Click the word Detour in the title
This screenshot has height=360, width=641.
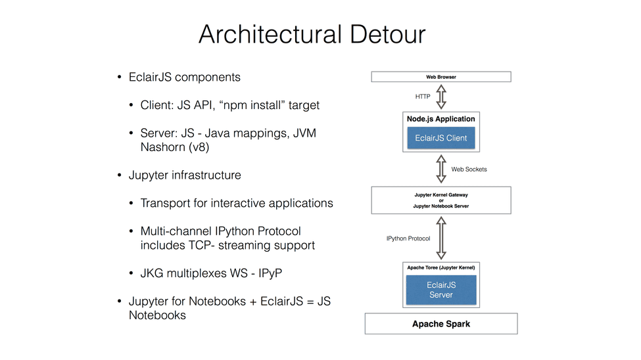387,34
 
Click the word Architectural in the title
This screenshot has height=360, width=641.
270,34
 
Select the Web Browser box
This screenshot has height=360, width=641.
441,77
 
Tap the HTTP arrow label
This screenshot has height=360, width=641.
423,97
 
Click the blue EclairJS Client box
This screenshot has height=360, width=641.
441,138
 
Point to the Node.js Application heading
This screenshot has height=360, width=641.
441,119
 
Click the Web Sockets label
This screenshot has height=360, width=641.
469,169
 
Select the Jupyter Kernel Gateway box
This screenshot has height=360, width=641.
441,200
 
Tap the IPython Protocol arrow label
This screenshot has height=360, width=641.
408,238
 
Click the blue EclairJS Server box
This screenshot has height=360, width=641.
441,290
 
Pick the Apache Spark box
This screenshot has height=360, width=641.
441,324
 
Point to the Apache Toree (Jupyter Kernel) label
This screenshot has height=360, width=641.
441,267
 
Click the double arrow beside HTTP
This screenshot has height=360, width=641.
441,97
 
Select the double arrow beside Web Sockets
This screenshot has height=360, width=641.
441,169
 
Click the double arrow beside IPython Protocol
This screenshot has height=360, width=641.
441,238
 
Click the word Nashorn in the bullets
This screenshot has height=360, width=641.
162,147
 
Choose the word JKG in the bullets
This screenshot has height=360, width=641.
152,273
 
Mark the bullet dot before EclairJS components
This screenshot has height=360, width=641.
120,78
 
